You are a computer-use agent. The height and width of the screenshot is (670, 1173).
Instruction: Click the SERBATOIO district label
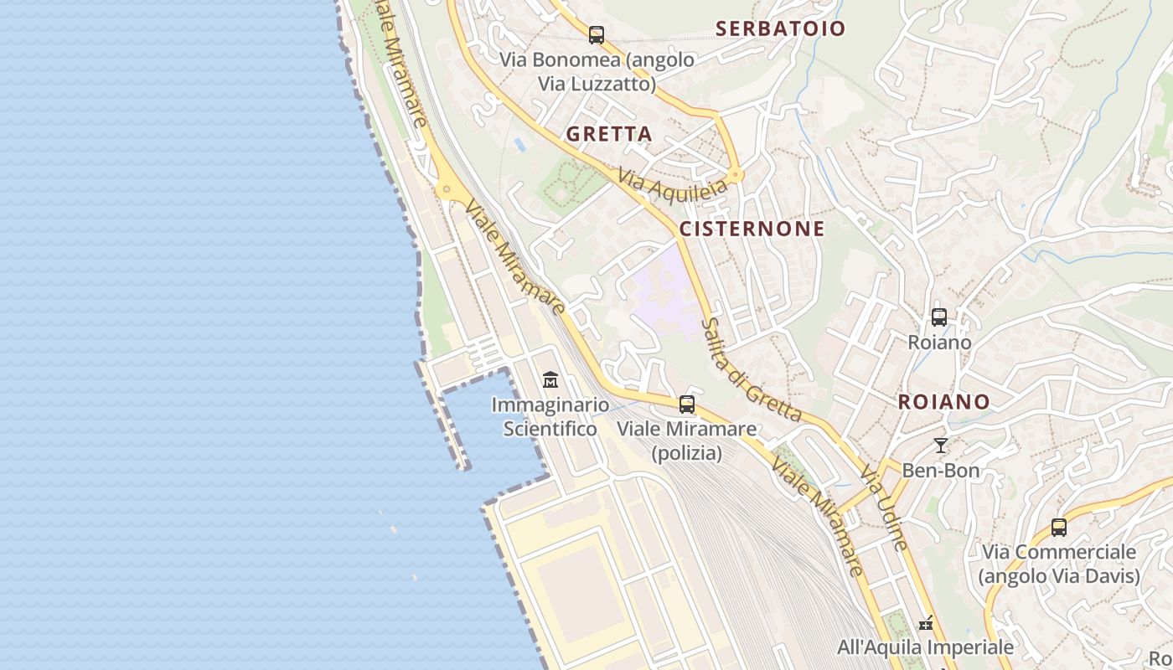(x=780, y=28)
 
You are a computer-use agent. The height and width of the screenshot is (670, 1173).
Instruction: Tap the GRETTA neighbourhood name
(x=609, y=134)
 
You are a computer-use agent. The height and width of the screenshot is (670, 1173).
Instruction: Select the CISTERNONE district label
(x=752, y=229)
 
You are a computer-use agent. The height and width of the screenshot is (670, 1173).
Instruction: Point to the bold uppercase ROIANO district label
(x=943, y=402)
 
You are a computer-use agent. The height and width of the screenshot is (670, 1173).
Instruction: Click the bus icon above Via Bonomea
(x=597, y=35)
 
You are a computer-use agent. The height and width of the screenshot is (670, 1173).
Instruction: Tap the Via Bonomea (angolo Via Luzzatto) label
(x=597, y=72)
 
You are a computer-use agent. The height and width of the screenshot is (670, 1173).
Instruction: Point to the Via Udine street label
(x=884, y=508)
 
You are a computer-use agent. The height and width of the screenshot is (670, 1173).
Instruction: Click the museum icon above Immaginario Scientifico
(x=550, y=380)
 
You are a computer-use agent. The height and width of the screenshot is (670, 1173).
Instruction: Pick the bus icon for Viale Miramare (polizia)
(x=687, y=405)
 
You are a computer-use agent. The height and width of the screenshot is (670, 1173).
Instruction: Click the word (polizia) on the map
(x=687, y=453)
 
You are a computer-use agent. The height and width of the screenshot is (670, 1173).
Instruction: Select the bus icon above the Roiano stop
(x=939, y=317)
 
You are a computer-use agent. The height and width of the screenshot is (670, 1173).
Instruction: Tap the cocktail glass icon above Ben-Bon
(x=941, y=446)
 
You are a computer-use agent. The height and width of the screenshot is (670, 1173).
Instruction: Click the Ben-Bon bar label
(x=940, y=471)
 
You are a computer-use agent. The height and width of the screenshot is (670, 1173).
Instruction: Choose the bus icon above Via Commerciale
(x=1059, y=528)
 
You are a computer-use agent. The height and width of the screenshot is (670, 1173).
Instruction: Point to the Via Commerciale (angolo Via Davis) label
(x=1059, y=564)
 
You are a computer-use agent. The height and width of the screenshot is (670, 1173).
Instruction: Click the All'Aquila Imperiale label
(x=925, y=647)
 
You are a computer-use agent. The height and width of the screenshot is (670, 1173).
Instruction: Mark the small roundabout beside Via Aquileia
(x=736, y=175)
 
